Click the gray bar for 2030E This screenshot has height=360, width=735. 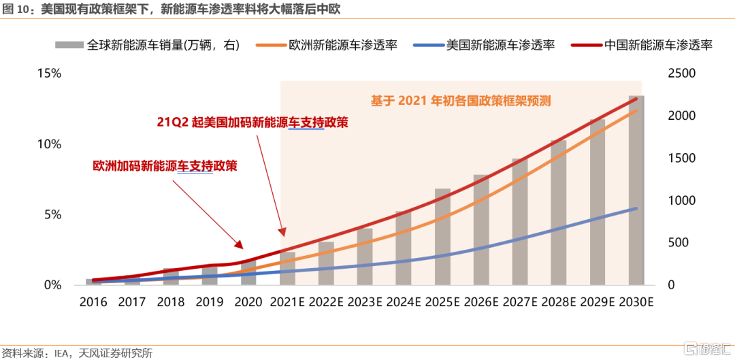pos(636,191)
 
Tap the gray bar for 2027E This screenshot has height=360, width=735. pos(520,222)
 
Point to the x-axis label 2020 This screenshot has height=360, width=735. pos(248,302)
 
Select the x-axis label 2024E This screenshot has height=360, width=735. pos(404,302)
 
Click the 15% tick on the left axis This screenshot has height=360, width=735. pos(48,73)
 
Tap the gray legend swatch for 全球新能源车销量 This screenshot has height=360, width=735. pos(69,45)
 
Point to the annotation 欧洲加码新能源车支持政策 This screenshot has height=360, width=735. pos(165,165)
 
